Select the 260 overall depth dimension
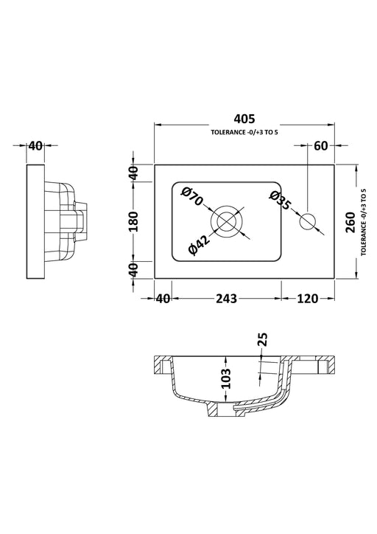(x=350, y=221)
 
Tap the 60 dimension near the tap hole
(x=320, y=145)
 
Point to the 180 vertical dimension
(x=133, y=221)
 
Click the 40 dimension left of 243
(x=162, y=298)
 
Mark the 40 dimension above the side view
(x=35, y=145)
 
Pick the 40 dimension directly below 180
(x=133, y=268)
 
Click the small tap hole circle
(x=309, y=219)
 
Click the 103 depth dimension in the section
(x=226, y=378)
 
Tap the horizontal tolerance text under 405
(x=245, y=132)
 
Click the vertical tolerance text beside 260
(x=364, y=221)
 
